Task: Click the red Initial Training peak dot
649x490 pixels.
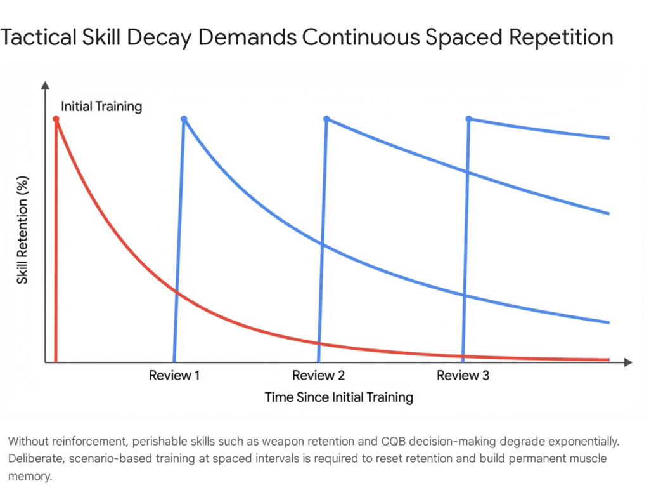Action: pos(56,119)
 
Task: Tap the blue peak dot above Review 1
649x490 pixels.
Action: pos(184,119)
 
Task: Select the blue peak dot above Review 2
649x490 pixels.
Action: pos(326,119)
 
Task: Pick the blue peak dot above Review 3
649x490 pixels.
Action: pos(469,119)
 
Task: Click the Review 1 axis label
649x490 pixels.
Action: pos(174,376)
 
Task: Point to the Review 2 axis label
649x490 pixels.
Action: pos(318,376)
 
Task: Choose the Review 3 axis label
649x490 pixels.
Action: pos(463,376)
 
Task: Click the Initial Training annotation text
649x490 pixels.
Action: pos(101,107)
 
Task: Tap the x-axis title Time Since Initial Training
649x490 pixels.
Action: pos(338,398)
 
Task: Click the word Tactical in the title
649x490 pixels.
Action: pos(42,37)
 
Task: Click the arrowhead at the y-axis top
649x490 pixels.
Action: pos(45,85)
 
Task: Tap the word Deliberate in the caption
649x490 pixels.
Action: pos(34,458)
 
